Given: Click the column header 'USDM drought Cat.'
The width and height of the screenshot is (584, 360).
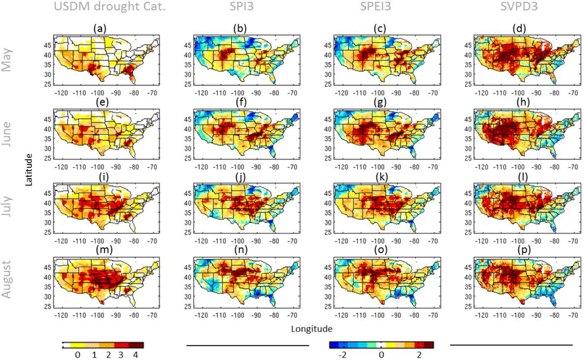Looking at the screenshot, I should (x=95, y=7).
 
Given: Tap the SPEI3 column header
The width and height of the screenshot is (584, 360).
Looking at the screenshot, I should (x=377, y=7).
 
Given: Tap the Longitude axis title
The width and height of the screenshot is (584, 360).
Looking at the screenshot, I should (x=312, y=329).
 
